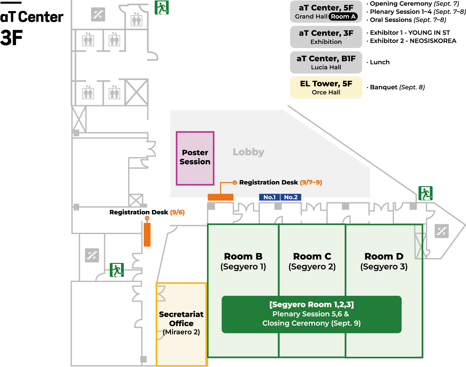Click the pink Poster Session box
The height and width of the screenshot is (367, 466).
195,158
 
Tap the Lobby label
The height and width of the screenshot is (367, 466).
248,152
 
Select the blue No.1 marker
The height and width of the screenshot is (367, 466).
269,197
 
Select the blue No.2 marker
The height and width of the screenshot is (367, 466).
291,197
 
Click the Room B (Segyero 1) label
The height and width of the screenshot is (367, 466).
243,261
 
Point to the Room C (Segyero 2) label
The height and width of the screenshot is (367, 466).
312,261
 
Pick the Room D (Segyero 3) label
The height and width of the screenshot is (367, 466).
384,261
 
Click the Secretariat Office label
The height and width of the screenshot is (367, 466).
181,319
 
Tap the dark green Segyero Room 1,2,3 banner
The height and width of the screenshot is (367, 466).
312,314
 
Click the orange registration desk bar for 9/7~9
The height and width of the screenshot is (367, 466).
221,197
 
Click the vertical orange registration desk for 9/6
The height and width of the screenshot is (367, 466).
147,235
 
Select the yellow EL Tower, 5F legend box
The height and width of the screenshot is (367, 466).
326,87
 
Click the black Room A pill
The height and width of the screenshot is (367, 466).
343,16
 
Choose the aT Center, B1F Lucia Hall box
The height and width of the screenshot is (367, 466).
326,63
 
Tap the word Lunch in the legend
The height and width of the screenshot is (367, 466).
379,63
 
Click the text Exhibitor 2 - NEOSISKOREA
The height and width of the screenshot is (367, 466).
413,41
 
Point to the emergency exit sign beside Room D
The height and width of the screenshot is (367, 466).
425,193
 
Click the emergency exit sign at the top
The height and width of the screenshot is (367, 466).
161,7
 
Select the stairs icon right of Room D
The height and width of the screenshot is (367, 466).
442,231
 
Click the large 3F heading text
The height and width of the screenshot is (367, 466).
11,38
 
